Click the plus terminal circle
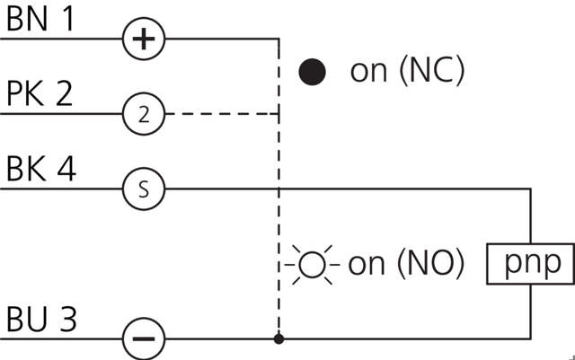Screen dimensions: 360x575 pos(144,40)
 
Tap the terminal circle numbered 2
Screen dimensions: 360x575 pos(144,114)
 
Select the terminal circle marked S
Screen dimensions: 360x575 pos(144,189)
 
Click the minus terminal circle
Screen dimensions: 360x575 pos(144,339)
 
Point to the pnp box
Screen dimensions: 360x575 pos(530,263)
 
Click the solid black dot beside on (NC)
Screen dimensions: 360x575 pos(312,72)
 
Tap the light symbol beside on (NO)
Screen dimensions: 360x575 pos(311,265)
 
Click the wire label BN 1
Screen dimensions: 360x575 pos(40,22)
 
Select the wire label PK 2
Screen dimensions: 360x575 pos(40,95)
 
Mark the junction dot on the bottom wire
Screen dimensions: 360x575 pos(279,339)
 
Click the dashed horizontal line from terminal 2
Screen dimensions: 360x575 pos(222,114)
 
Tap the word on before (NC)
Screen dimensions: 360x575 pos(368,73)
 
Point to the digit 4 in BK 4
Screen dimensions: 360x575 pos(66,170)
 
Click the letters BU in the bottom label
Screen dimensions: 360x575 pos(27,320)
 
